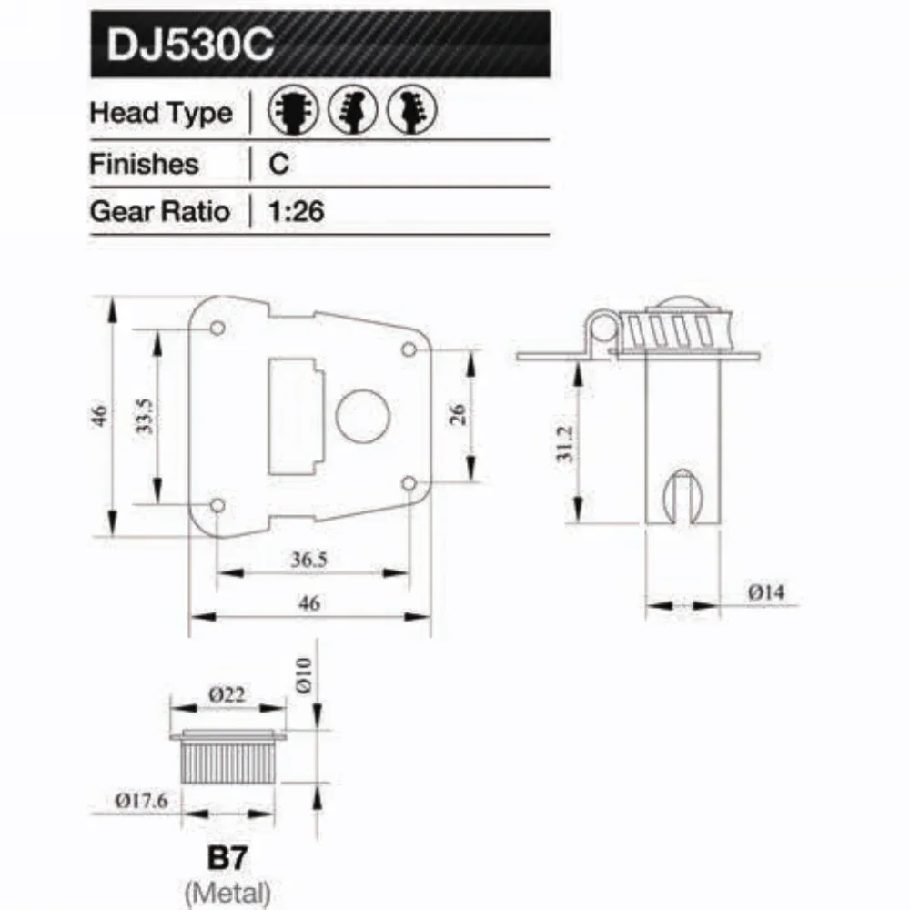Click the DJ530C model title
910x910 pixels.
point(190,45)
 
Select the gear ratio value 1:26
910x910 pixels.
point(296,211)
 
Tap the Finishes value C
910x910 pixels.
point(278,164)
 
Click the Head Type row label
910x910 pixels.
point(161,113)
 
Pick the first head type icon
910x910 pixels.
point(293,110)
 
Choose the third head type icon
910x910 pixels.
point(411,110)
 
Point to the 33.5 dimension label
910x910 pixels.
point(145,416)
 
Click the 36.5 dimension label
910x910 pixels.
point(308,560)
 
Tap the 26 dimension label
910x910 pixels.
point(458,415)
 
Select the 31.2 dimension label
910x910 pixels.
point(565,444)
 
